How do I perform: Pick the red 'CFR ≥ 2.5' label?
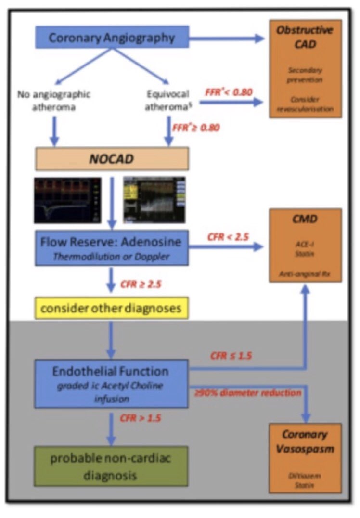[x=141, y=284]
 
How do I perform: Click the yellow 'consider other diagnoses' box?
[x=111, y=307]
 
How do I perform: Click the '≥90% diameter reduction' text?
[x=247, y=393]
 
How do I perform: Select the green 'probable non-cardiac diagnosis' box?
[x=111, y=466]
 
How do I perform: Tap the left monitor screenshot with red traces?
[x=68, y=200]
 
